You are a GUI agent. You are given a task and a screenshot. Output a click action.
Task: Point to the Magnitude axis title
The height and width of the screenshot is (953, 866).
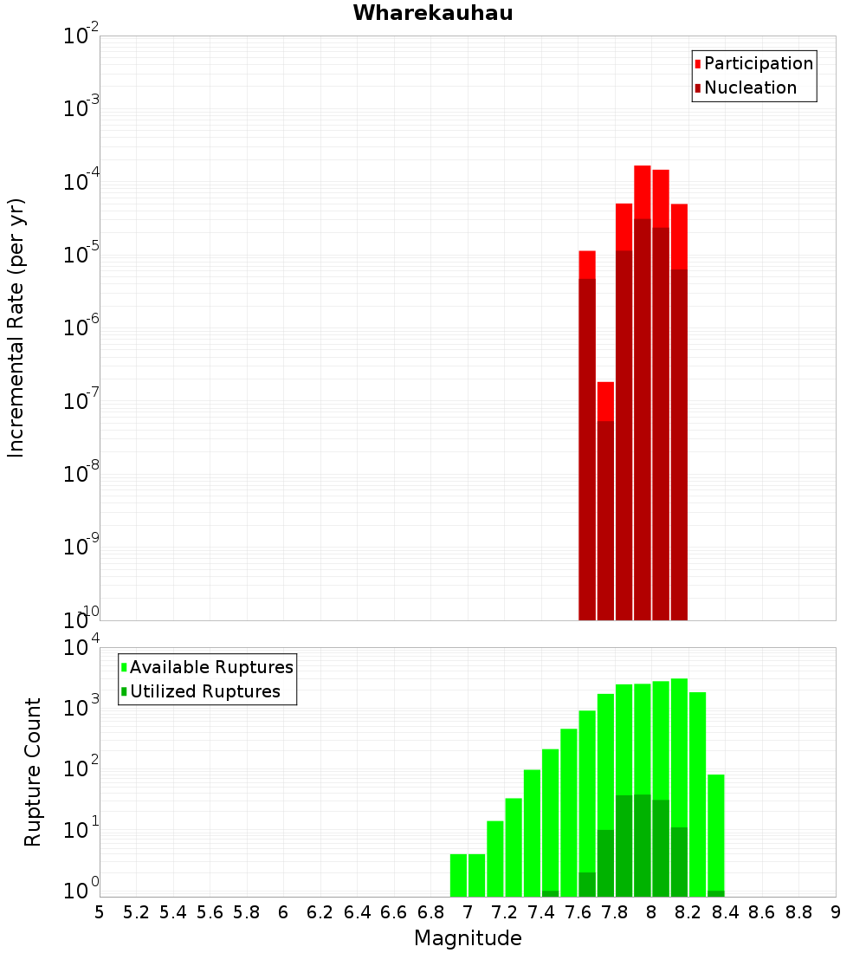click(468, 938)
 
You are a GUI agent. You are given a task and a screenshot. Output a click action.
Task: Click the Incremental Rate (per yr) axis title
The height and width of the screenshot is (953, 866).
click(16, 328)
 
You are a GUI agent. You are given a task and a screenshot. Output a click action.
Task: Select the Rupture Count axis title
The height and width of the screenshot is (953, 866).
click(33, 772)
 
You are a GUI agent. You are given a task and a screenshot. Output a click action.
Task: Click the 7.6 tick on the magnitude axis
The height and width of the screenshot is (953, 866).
click(578, 912)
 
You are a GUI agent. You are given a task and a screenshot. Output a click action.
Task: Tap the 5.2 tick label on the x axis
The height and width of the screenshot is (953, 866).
click(136, 912)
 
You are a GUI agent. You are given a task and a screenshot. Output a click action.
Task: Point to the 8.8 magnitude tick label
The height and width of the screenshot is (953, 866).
click(798, 912)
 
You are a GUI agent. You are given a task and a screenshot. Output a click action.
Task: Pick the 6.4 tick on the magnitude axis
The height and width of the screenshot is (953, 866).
click(357, 912)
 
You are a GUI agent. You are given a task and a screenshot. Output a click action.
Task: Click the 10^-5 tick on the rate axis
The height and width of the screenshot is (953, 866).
click(81, 255)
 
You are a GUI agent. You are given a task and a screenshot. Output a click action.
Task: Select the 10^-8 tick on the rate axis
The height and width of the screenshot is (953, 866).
click(81, 474)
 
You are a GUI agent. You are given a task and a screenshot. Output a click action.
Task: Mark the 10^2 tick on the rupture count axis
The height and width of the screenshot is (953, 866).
click(81, 768)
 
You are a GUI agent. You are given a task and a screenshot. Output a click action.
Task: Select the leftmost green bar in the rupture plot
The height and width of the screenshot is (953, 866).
click(458, 875)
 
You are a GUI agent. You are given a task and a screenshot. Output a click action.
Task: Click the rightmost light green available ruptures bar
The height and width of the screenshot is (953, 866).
click(716, 832)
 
